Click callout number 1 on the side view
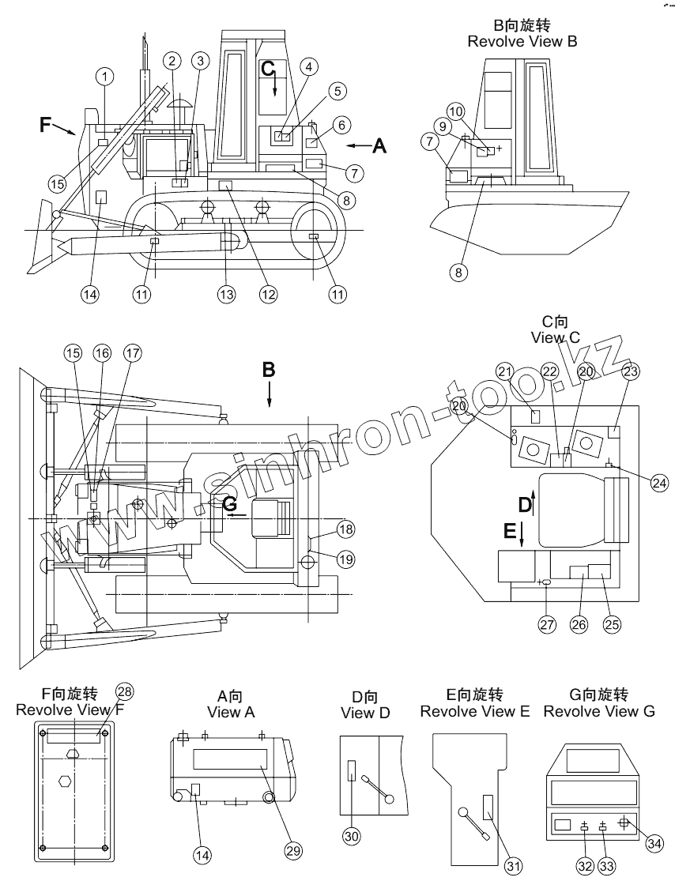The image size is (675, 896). pos(105,77)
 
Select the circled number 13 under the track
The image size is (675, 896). pos(227,294)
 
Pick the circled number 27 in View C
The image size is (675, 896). pos(548,623)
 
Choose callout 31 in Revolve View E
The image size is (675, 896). pos(514,867)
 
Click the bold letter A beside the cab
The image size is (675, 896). pos(379,146)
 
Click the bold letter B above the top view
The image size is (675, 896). pos(269,369)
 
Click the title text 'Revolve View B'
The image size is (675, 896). pos(522,41)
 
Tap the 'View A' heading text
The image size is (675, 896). pos(231,712)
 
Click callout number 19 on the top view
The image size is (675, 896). pos(345,559)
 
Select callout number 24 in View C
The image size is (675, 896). pos(658,481)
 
